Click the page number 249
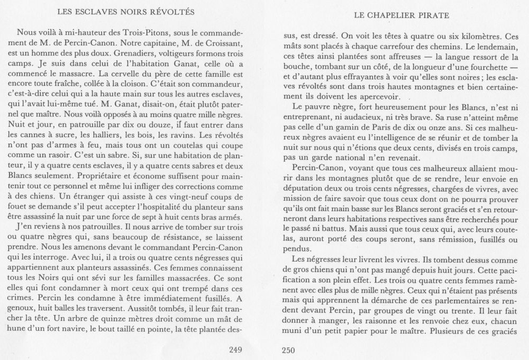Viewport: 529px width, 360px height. [234, 348]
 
